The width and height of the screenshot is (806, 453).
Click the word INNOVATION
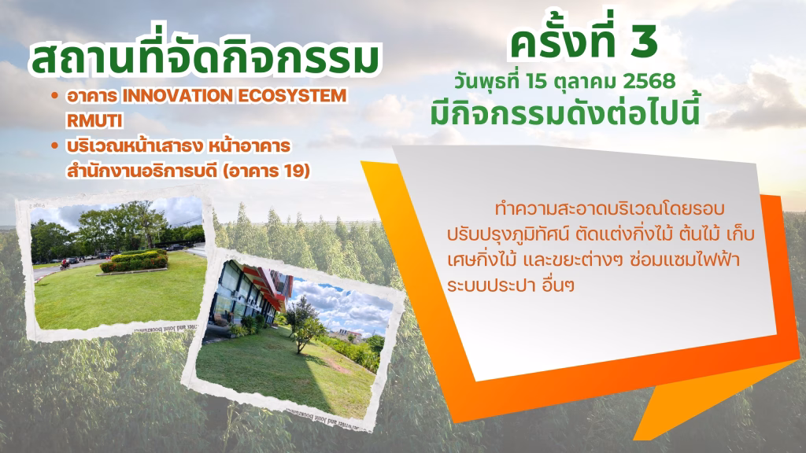178,96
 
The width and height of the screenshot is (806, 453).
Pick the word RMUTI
94,120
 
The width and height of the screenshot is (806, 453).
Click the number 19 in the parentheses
293,171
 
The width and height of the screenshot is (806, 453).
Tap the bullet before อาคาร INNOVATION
54,96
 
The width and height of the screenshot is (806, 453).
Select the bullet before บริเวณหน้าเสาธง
54,146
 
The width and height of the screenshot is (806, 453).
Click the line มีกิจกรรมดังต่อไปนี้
565,113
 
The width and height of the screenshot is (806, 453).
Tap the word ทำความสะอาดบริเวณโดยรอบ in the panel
610,209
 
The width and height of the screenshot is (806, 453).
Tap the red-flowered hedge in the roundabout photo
135,261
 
